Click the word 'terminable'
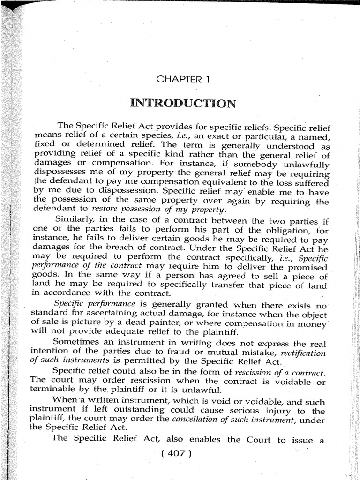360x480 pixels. tap(53, 390)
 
